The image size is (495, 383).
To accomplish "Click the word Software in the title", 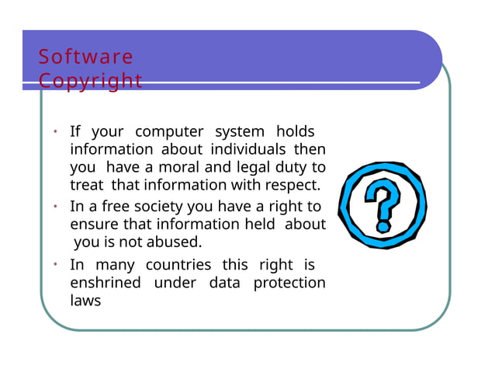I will (86, 57).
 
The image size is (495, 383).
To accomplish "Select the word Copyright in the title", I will (91, 81).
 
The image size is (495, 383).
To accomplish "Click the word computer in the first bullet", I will (169, 131).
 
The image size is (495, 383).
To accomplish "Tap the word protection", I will (289, 282).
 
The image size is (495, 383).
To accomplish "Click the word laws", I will (85, 300).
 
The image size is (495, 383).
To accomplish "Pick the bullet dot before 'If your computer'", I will (56, 131).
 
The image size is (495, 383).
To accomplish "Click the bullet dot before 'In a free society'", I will (56, 207).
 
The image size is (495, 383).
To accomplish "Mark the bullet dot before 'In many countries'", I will (56, 264).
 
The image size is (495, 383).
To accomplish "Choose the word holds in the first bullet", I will (296, 131).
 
